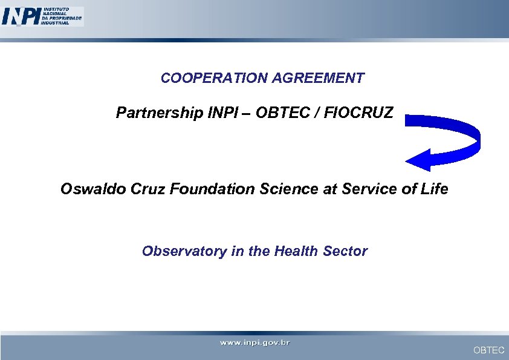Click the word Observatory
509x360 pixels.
(x=184, y=251)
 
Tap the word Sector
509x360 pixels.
(x=345, y=251)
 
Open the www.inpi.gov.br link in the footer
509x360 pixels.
(x=254, y=343)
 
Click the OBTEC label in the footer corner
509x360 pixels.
(x=488, y=350)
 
